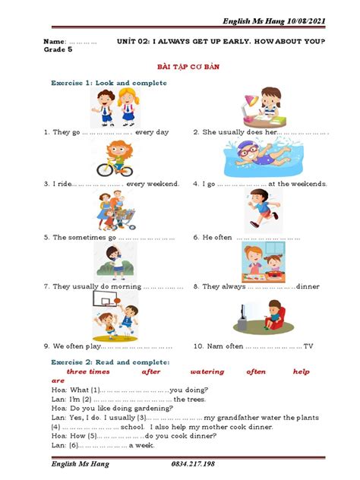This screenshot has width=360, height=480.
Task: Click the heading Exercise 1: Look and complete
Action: (x=108, y=82)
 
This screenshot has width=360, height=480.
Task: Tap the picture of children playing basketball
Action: (x=116, y=312)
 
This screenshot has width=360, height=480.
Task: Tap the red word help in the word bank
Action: (x=302, y=371)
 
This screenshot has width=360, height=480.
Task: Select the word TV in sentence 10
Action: (x=308, y=346)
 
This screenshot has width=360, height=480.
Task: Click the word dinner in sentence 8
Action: (x=308, y=287)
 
